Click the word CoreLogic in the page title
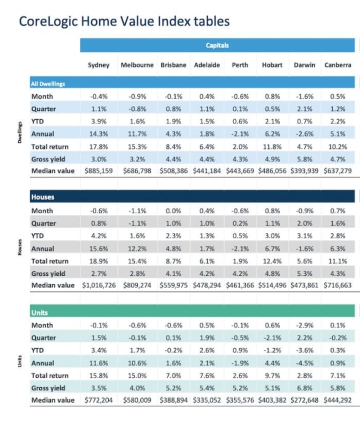[x=48, y=21]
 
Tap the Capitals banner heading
[x=217, y=45]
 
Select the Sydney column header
[x=98, y=65]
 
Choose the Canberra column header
[x=338, y=65]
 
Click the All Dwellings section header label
[x=48, y=84]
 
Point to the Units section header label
[x=39, y=313]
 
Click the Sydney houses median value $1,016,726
[x=99, y=285]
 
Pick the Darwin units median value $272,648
[x=304, y=400]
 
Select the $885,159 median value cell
[x=99, y=171]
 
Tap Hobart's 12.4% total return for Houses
[x=272, y=261]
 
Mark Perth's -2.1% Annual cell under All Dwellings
[x=240, y=134]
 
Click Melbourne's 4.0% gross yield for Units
[x=137, y=388]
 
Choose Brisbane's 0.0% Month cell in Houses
[x=173, y=211]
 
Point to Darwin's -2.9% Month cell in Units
[x=304, y=325]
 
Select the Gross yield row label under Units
[x=48, y=388]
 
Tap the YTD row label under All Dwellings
[x=37, y=122]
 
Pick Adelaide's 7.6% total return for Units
[x=207, y=376]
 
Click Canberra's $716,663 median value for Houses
[x=337, y=285]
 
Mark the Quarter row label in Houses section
[x=43, y=223]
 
